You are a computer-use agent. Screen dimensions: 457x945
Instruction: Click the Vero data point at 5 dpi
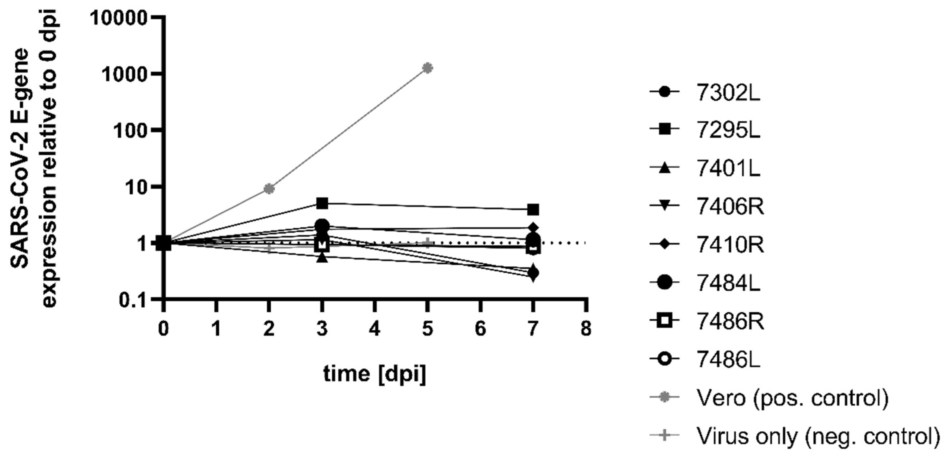(x=427, y=68)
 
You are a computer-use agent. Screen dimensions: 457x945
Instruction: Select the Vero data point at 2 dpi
(x=269, y=189)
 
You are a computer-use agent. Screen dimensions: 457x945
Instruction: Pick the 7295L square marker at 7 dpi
(x=533, y=210)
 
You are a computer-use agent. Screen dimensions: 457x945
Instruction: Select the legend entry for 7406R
(x=730, y=207)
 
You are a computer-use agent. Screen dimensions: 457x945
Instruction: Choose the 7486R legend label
(x=730, y=321)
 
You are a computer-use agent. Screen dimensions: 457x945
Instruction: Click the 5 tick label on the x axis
(x=427, y=328)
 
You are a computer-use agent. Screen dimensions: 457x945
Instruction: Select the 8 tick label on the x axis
(x=586, y=328)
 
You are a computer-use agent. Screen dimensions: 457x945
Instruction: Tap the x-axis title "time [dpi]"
(x=375, y=374)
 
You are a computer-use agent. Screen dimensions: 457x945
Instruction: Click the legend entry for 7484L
(x=728, y=283)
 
